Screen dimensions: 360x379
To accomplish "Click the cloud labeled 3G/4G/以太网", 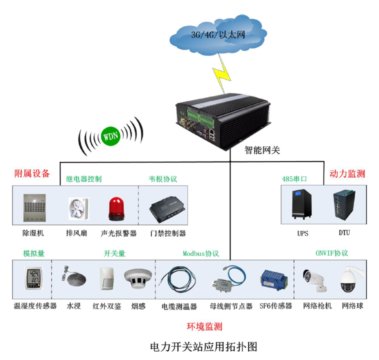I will tap(218, 34).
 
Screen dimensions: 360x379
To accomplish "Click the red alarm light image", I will tap(115, 209).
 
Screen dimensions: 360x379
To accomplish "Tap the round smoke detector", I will tap(138, 279).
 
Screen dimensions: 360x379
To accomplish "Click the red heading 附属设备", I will tap(32, 173).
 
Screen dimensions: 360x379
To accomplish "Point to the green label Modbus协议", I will tap(201, 253).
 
